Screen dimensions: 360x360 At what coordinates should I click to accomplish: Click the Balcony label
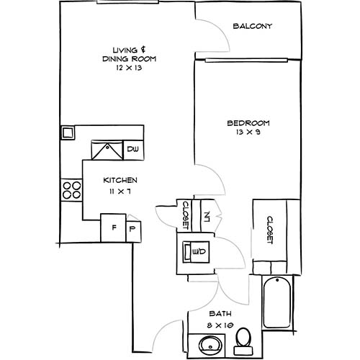click(253, 27)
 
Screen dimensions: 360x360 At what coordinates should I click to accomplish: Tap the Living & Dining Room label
click(129, 54)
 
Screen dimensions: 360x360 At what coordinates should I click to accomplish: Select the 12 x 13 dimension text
click(129, 68)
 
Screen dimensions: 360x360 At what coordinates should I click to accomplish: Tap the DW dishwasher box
click(132, 149)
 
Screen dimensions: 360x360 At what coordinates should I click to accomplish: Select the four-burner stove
click(71, 190)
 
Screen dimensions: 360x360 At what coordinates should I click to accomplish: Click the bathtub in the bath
click(276, 302)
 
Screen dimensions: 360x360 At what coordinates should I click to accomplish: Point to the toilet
click(245, 338)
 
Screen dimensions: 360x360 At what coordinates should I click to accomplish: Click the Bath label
click(219, 315)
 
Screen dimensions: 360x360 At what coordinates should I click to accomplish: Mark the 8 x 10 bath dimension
click(219, 326)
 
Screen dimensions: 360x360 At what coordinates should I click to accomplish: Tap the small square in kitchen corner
click(67, 132)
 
